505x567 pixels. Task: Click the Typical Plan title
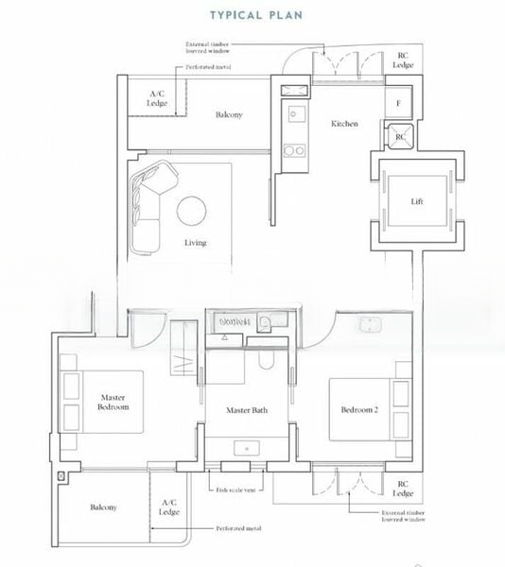pyautogui.click(x=252, y=16)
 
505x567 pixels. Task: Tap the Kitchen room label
pyautogui.click(x=344, y=124)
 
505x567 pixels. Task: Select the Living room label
pyautogui.click(x=195, y=243)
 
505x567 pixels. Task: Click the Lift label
pyautogui.click(x=416, y=201)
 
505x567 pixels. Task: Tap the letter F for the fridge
pyautogui.click(x=399, y=102)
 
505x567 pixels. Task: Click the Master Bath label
pyautogui.click(x=246, y=410)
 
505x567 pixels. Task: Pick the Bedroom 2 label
pyautogui.click(x=359, y=409)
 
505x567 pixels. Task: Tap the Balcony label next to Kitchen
pyautogui.click(x=228, y=115)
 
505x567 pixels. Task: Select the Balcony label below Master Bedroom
pyautogui.click(x=103, y=507)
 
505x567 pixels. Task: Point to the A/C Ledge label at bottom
pyautogui.click(x=170, y=507)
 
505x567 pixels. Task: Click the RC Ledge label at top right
pyautogui.click(x=403, y=60)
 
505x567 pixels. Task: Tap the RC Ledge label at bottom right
pyautogui.click(x=403, y=489)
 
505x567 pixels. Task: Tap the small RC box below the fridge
pyautogui.click(x=400, y=136)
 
